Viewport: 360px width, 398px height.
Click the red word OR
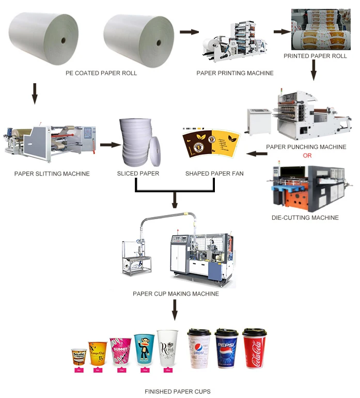307,155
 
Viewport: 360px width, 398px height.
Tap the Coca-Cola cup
253,349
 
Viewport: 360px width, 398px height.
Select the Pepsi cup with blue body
226,349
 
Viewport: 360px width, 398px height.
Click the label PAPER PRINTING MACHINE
235,73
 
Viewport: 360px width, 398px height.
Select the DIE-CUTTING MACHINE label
305,218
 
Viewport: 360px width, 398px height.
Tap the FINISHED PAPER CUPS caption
178,391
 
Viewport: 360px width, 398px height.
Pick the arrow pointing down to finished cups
175,309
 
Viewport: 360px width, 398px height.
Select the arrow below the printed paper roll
313,70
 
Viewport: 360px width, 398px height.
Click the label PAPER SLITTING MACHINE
52,174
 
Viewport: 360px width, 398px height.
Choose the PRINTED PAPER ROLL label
315,55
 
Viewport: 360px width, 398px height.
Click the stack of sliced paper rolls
137,140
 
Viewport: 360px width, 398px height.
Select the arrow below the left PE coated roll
35,94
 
